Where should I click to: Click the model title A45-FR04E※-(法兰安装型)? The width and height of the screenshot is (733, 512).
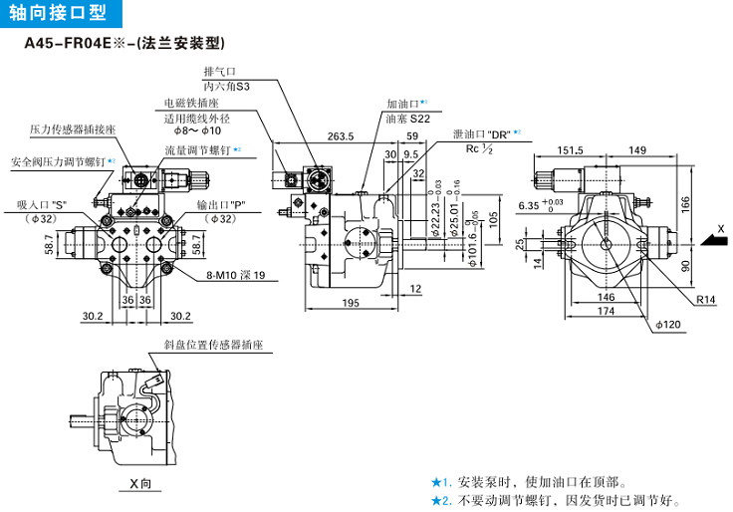click(124, 44)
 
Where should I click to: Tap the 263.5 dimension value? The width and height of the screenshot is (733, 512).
click(341, 137)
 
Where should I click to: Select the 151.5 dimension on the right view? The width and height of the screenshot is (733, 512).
click(571, 150)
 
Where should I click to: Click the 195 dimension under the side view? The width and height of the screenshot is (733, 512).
click(350, 303)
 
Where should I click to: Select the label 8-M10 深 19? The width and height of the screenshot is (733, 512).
click(235, 275)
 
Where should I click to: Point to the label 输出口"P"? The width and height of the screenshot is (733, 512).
click(209, 205)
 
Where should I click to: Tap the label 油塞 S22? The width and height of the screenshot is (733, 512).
click(407, 118)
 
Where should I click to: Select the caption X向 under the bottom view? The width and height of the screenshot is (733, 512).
click(139, 484)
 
